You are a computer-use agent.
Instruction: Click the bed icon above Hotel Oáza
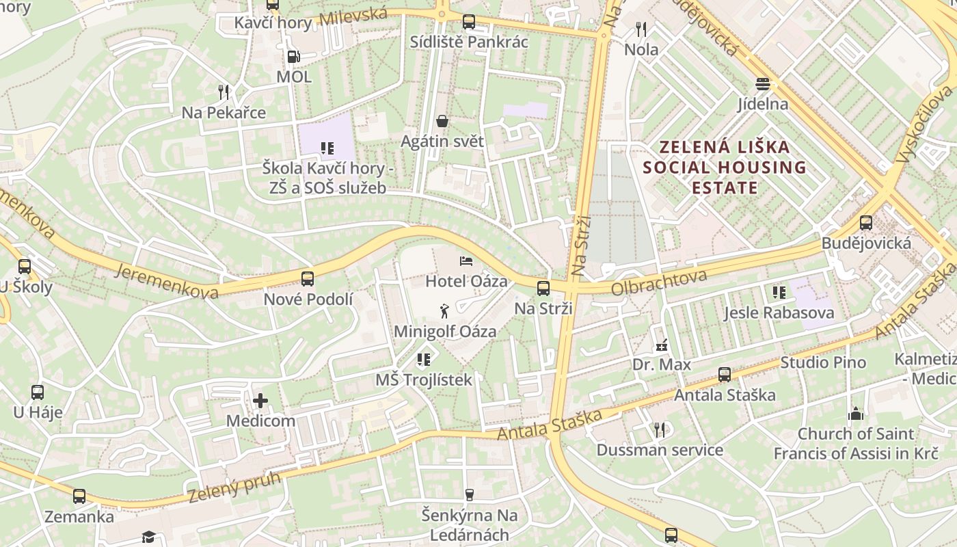click(x=466, y=261)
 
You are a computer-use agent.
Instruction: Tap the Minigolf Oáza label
click(x=445, y=332)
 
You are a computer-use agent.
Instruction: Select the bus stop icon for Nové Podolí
click(x=308, y=278)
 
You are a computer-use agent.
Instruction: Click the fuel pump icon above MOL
click(x=293, y=57)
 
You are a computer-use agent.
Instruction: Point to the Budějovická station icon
click(x=866, y=222)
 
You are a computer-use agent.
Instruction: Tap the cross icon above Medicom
click(x=260, y=400)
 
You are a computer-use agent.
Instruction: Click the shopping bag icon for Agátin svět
click(x=442, y=121)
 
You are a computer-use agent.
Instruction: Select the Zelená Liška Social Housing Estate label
click(x=725, y=168)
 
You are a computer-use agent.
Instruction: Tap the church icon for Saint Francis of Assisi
click(x=855, y=414)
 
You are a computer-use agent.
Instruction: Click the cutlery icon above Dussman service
click(x=660, y=429)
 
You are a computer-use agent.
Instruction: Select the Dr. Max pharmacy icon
click(x=661, y=345)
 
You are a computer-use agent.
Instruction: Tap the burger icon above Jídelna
click(x=763, y=84)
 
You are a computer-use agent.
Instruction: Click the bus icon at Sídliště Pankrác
click(x=468, y=21)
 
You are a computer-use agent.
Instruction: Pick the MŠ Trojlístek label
click(x=424, y=379)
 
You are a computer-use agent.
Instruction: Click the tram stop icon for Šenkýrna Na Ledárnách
click(x=469, y=494)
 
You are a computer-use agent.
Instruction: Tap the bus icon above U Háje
click(x=38, y=392)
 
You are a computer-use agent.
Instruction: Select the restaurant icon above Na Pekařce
click(x=224, y=92)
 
